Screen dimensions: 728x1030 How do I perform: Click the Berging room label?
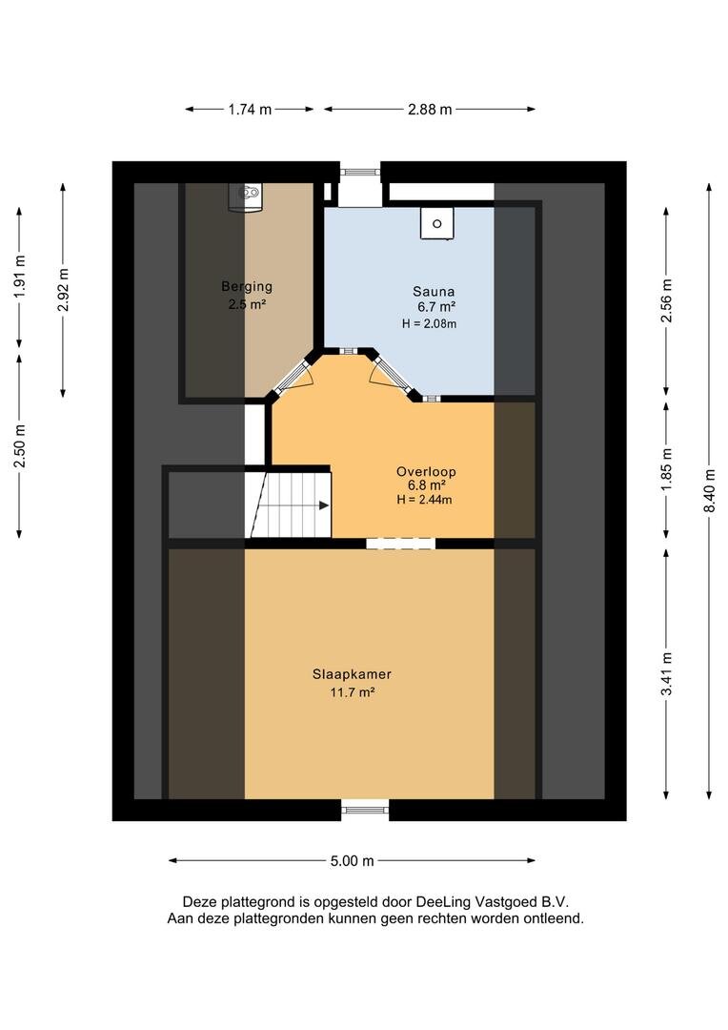(247, 286)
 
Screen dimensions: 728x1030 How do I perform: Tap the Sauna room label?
(434, 292)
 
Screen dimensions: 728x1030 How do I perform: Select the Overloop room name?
(426, 472)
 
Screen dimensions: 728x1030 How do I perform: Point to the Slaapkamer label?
(352, 674)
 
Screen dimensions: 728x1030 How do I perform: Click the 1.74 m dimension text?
(250, 110)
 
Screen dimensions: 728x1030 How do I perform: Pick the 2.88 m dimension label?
(430, 110)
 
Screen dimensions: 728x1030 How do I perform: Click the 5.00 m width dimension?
(352, 861)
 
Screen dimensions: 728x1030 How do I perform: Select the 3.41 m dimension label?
(667, 673)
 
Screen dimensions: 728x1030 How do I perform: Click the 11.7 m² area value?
(353, 692)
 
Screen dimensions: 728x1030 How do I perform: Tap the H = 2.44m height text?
(424, 500)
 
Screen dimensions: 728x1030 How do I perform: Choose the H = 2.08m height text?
(430, 324)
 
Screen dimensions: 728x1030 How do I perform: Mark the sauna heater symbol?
(436, 223)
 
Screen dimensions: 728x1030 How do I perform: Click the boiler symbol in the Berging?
(246, 196)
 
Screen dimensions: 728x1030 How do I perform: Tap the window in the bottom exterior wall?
(365, 810)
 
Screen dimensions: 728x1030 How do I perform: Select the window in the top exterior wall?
(360, 172)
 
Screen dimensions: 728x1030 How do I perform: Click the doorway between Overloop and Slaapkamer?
(400, 544)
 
